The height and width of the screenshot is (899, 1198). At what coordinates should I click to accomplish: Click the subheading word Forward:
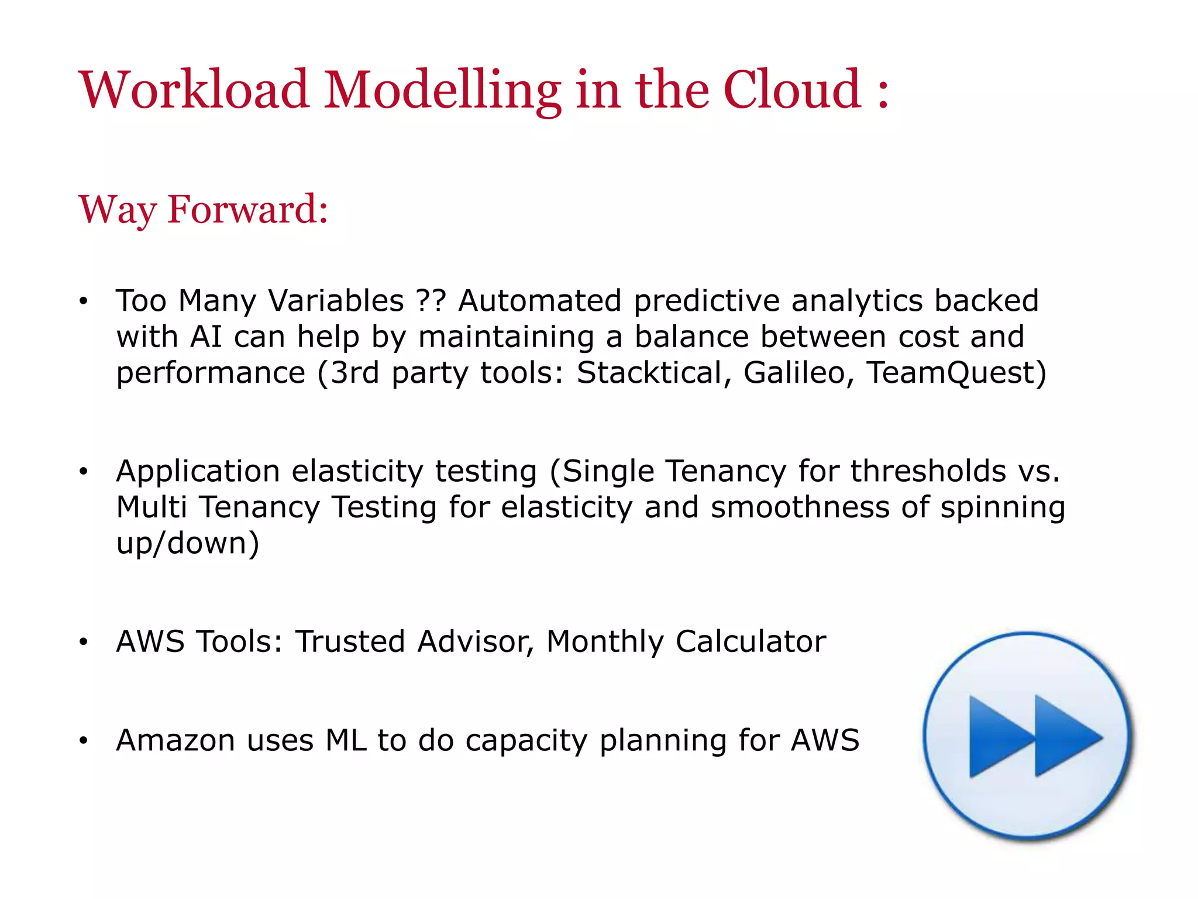(x=248, y=209)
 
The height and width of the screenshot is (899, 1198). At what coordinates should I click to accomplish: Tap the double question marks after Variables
(x=431, y=301)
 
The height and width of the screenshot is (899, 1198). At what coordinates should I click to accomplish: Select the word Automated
(x=539, y=301)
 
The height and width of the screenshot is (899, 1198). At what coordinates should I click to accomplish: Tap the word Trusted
(x=350, y=641)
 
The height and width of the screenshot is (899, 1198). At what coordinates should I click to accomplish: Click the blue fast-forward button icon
(x=1028, y=736)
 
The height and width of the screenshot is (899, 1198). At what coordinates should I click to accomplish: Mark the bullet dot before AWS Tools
(x=84, y=642)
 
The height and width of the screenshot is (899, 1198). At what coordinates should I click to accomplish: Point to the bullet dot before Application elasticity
(x=84, y=471)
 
